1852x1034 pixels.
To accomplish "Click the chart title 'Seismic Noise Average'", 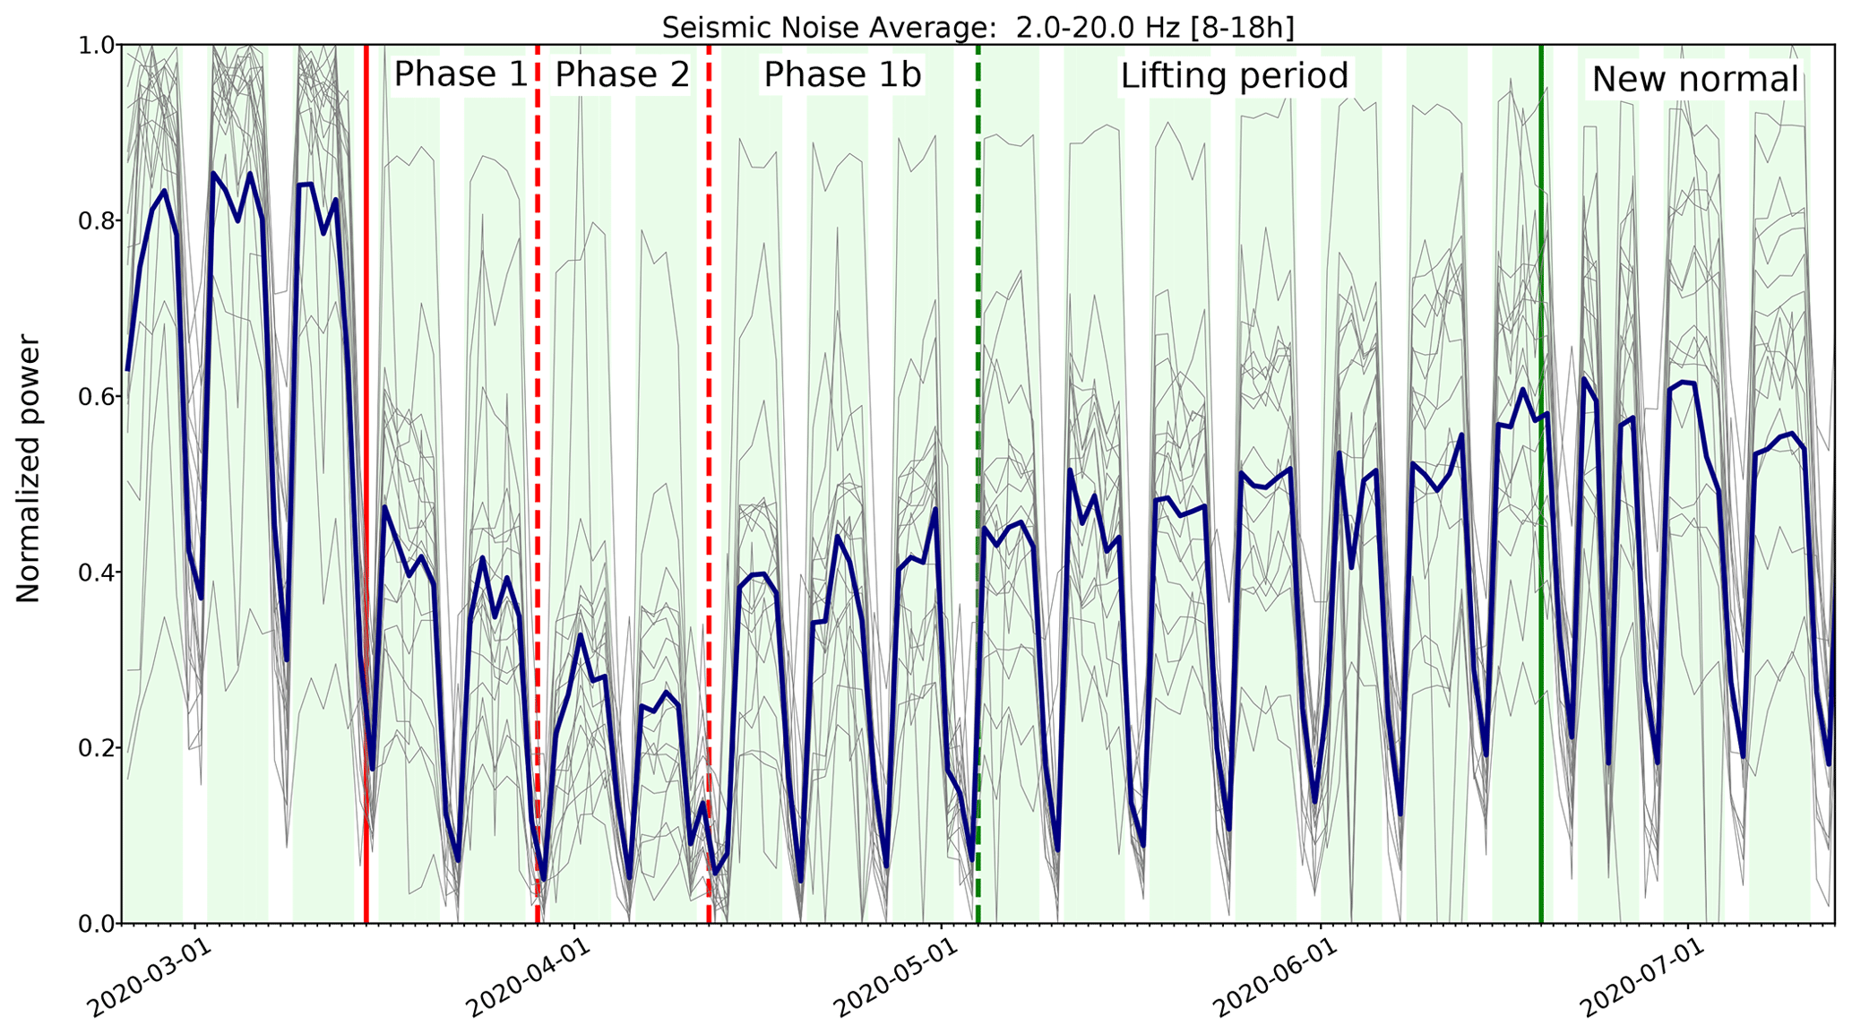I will (x=978, y=28).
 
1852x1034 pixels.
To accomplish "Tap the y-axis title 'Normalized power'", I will (x=29, y=469).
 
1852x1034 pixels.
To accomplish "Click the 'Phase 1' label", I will (x=461, y=74).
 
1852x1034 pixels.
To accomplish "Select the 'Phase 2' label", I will (x=623, y=74).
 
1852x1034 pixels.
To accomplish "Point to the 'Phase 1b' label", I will (x=842, y=75).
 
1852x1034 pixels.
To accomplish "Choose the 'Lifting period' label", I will (x=1235, y=76).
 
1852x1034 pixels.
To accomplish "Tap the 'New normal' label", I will (x=1695, y=80).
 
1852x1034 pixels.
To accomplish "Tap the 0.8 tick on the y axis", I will (x=92, y=220).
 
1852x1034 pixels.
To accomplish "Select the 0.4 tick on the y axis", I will (x=92, y=572).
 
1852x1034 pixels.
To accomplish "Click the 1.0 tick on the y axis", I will (x=92, y=45).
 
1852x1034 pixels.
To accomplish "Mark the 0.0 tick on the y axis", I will (x=92, y=923).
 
